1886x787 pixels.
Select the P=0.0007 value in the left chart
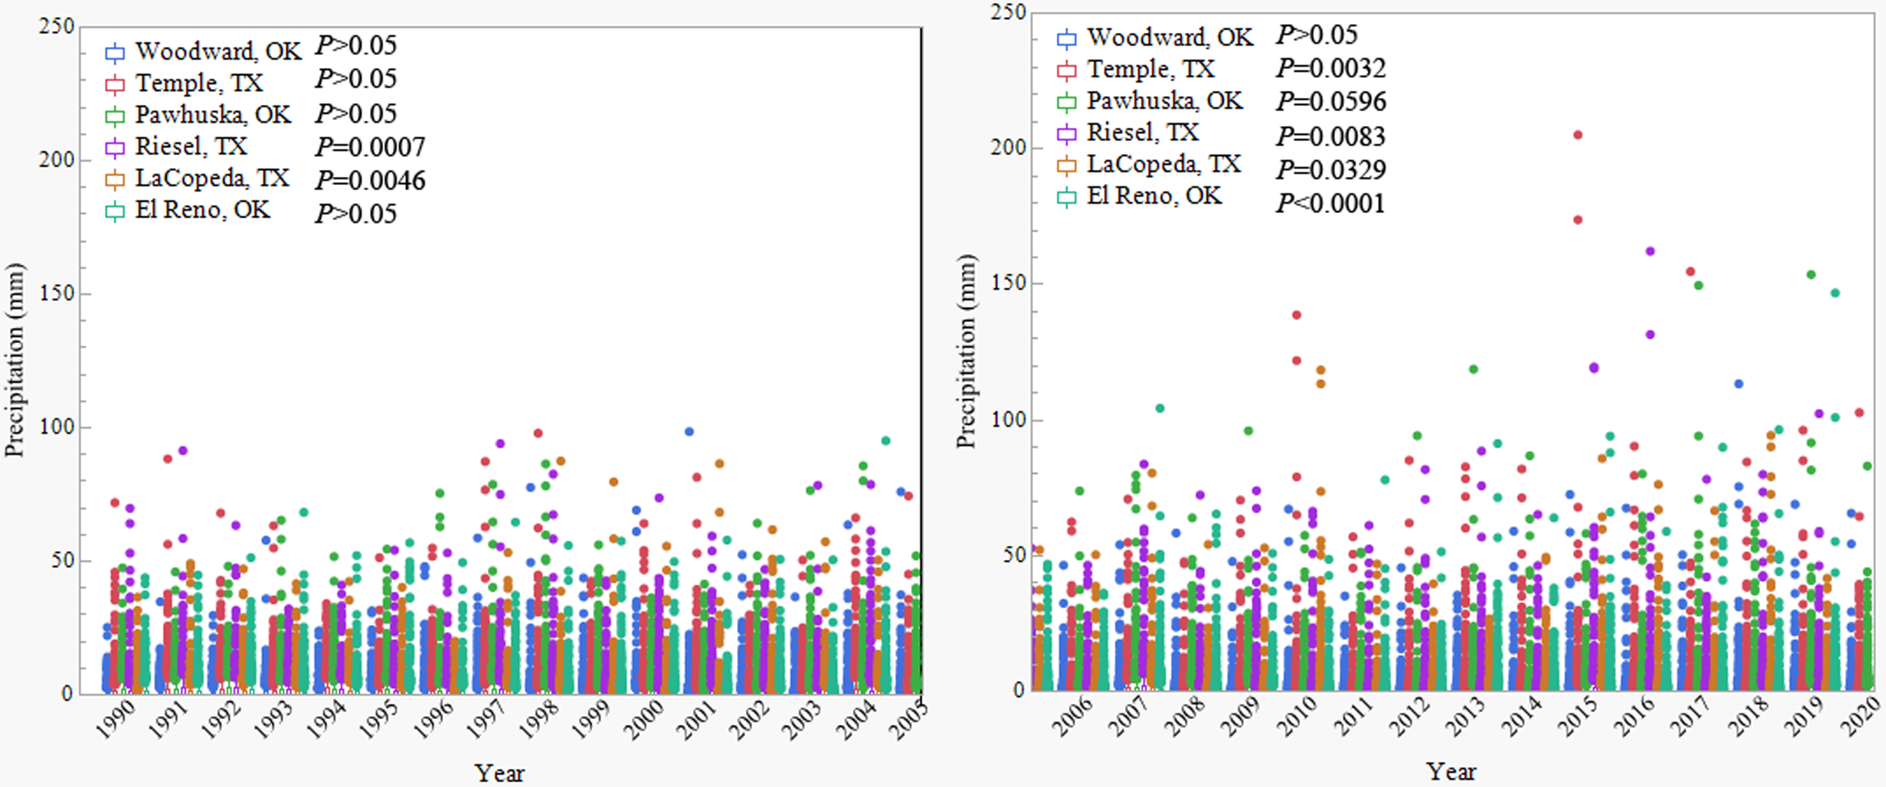(x=370, y=147)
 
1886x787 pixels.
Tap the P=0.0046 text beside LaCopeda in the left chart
(x=370, y=180)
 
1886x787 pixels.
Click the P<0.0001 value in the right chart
(x=1330, y=203)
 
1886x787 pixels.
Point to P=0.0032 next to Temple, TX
(x=1330, y=68)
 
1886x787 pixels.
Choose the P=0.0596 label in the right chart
(x=1330, y=101)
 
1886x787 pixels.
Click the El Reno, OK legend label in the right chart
(x=1154, y=195)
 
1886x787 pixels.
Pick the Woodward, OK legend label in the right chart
(x=1169, y=37)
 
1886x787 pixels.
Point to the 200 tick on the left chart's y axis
(x=57, y=160)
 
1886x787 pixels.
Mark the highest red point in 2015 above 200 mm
(x=1578, y=135)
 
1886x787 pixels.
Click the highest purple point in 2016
(x=1650, y=251)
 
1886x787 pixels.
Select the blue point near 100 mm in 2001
(x=689, y=432)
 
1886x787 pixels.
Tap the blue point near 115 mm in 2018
(x=1738, y=384)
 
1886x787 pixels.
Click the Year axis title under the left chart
(x=499, y=773)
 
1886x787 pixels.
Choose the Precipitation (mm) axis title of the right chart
(x=966, y=352)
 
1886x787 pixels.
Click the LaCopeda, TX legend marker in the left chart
(x=115, y=180)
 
